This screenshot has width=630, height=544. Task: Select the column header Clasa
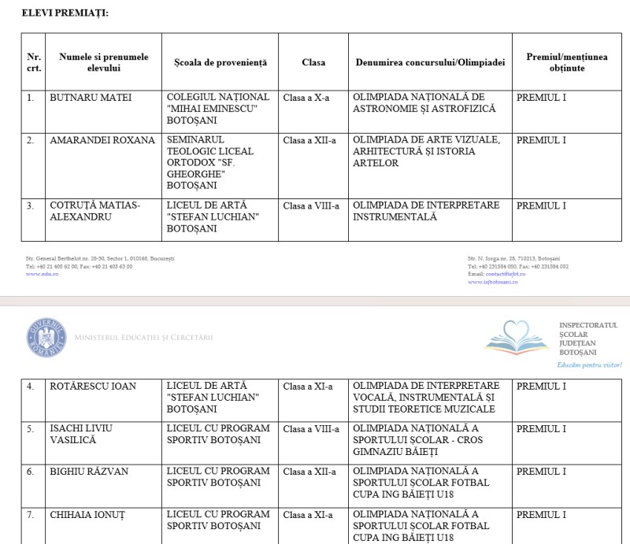(313, 62)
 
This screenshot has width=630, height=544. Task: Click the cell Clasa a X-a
(306, 98)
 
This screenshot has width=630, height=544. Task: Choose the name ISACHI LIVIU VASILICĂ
(81, 435)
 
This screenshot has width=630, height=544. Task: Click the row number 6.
(31, 472)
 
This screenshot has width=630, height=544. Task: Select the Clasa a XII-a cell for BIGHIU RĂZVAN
(309, 472)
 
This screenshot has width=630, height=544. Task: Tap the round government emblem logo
(46, 339)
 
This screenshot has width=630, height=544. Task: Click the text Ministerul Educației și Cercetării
(143, 339)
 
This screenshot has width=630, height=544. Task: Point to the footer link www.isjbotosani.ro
(492, 282)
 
